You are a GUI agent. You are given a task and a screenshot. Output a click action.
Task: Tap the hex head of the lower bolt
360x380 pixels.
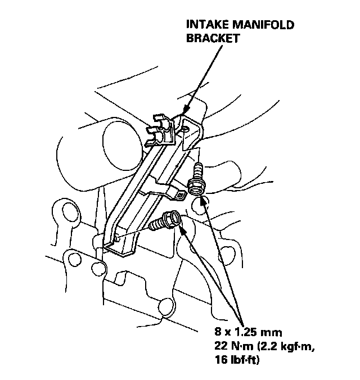click(175, 216)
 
